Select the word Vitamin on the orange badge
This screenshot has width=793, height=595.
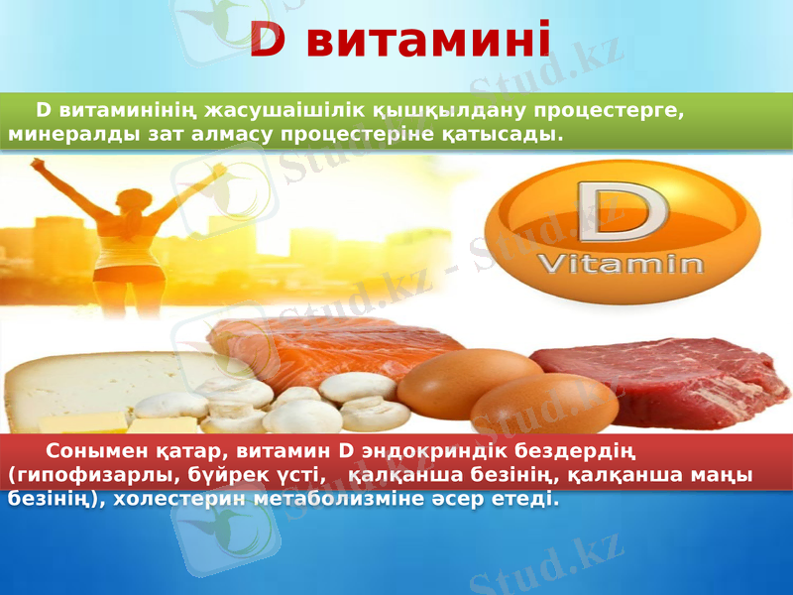(621, 265)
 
